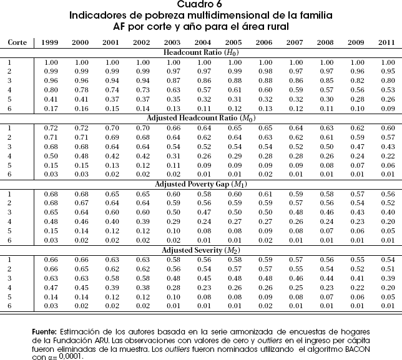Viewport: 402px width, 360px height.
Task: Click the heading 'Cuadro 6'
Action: pos(202,6)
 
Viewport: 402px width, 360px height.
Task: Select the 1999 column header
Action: pos(50,42)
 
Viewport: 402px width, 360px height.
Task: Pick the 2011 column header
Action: pos(387,42)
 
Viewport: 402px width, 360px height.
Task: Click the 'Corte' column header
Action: pos(16,42)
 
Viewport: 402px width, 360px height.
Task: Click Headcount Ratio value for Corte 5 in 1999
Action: pos(50,99)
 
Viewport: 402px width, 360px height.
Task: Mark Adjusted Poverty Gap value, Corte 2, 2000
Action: pos(81,203)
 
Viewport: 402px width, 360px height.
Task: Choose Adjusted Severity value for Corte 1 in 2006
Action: pos(265,260)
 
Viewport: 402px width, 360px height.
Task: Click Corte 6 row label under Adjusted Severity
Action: pos(9,306)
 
